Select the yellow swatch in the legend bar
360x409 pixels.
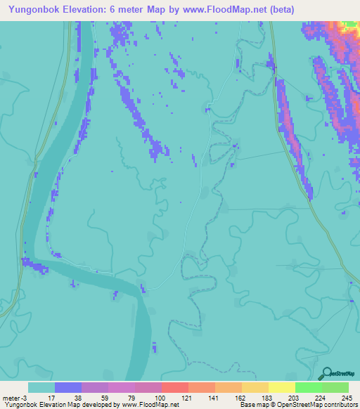click(281, 387)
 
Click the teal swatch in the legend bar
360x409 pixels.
click(41, 387)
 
